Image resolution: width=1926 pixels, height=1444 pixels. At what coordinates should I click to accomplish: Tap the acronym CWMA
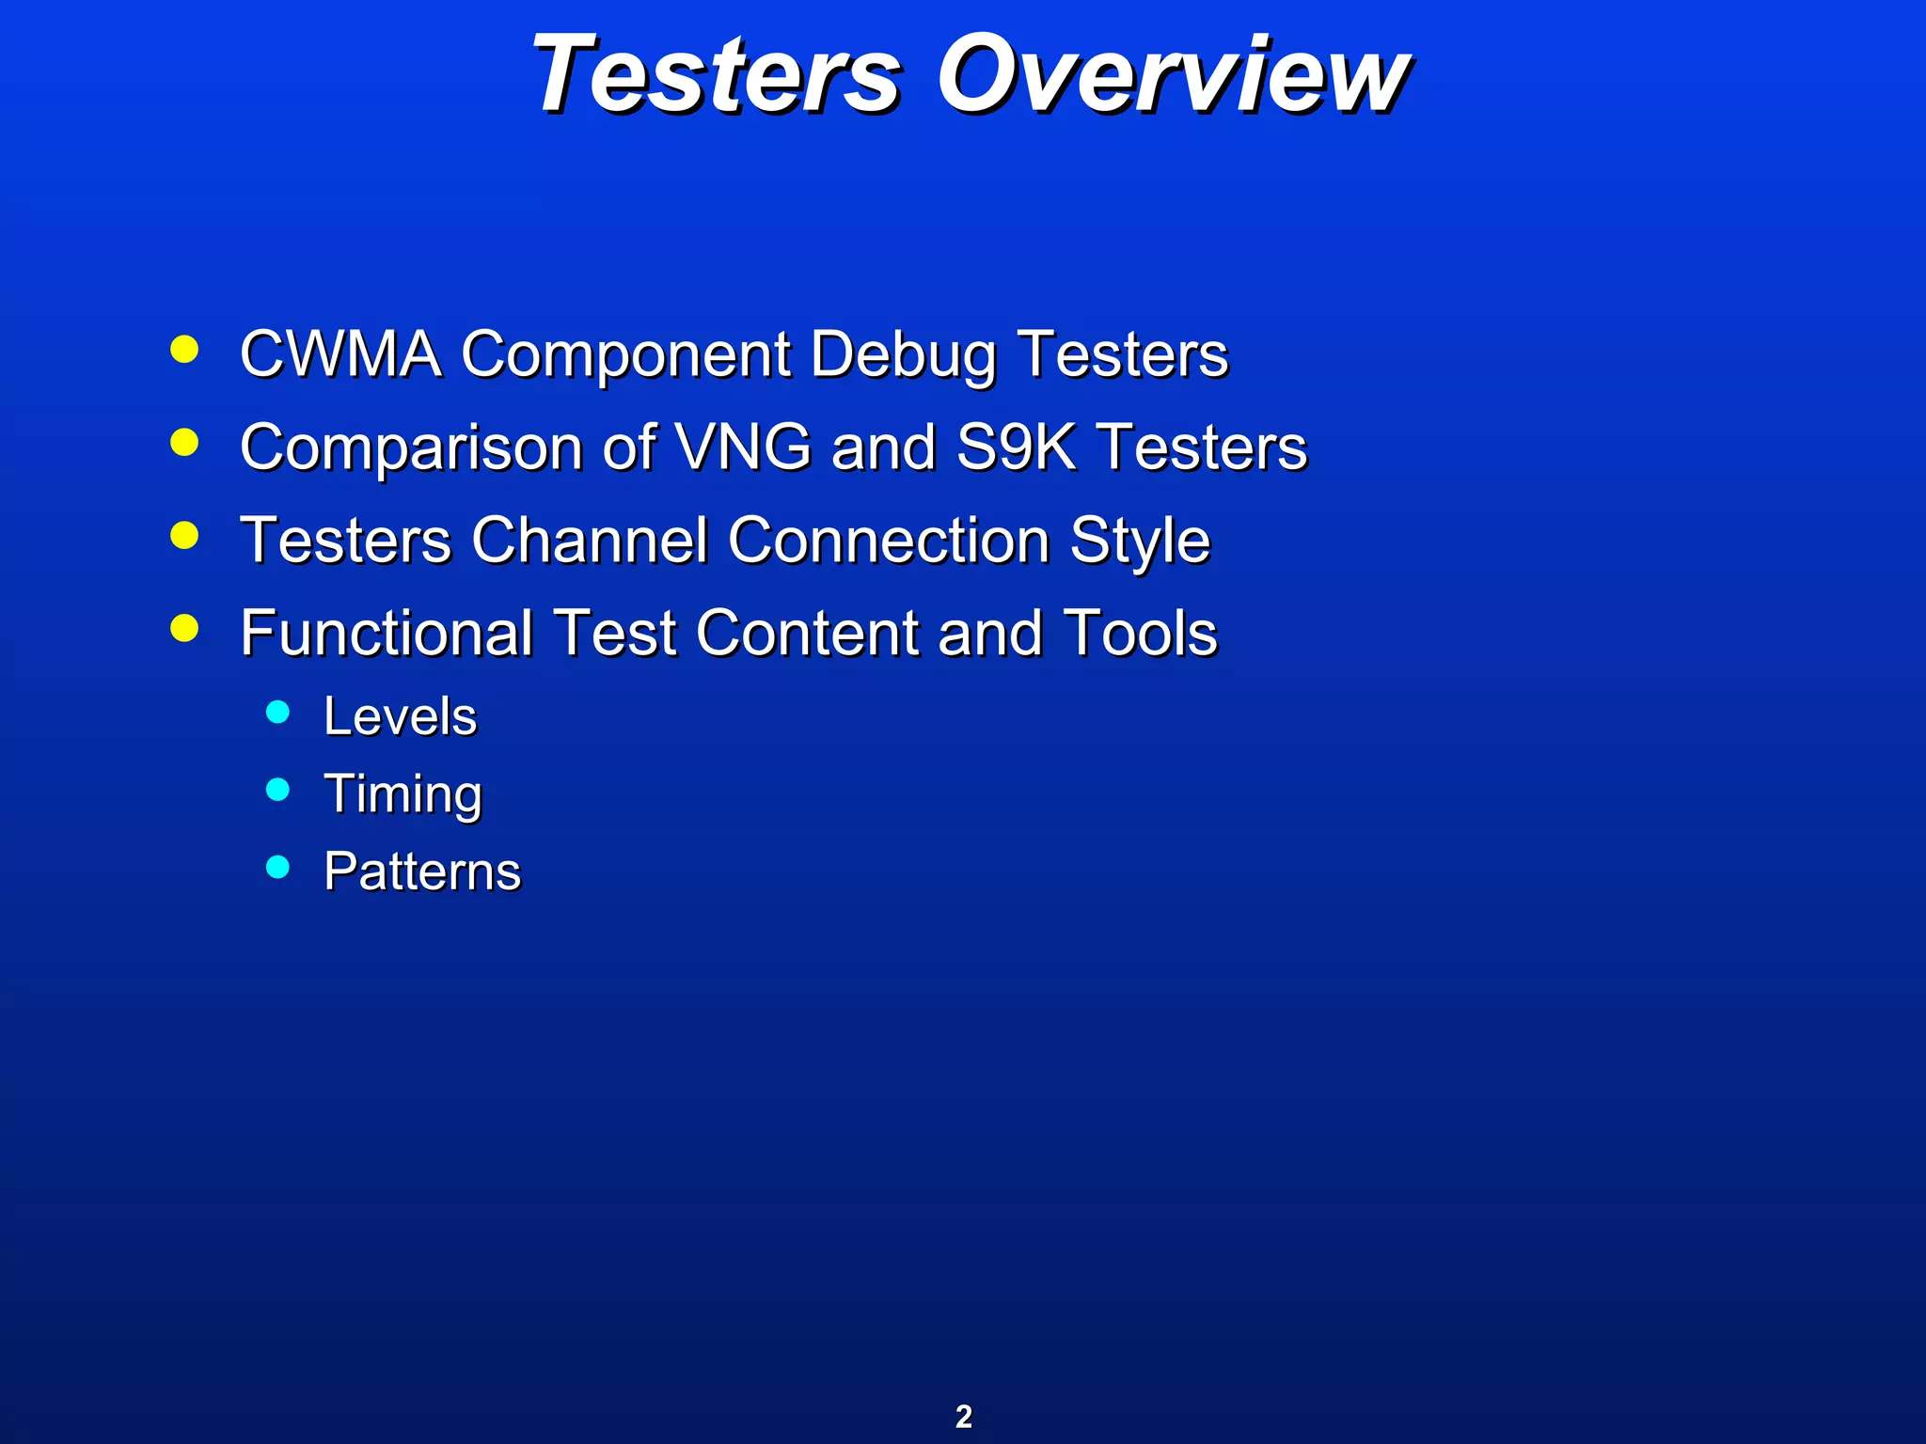pos(340,354)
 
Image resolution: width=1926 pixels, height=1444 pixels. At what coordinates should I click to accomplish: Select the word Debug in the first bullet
pos(903,356)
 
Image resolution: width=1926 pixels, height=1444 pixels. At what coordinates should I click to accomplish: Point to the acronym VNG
pos(743,447)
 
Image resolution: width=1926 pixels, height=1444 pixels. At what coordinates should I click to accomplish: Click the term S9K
pos(1016,447)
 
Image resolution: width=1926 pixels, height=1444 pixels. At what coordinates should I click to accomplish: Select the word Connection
pos(888,541)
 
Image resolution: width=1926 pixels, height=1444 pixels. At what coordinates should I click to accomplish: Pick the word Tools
pos(1140,633)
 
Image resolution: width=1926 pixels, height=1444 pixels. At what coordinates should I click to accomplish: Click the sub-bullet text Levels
pos(401,716)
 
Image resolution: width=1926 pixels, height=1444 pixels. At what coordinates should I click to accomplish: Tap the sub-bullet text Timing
pos(403,795)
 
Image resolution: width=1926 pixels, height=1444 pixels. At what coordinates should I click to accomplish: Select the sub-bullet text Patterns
pos(422,871)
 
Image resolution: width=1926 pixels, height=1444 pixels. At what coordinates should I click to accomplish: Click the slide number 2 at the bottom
pos(964,1417)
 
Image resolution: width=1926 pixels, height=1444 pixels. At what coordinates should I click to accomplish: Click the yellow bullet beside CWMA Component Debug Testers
pos(185,350)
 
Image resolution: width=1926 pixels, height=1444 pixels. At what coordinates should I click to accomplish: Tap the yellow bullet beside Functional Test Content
pos(185,628)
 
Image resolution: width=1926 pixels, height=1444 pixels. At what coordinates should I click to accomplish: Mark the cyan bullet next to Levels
pos(277,712)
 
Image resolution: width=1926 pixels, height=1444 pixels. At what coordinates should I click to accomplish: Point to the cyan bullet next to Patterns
pos(277,867)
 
